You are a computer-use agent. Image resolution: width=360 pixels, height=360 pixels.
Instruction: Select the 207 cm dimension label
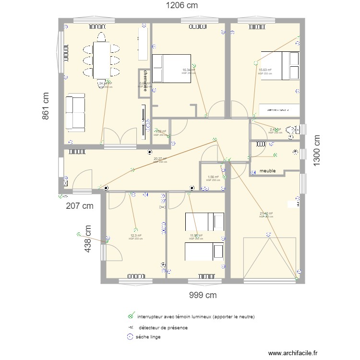point(80,206)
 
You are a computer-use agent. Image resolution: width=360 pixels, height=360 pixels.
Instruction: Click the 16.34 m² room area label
point(189,70)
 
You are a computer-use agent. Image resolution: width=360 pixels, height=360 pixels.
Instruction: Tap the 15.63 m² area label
point(265,70)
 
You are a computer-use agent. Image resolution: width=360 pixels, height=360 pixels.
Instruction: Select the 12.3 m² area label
point(136,236)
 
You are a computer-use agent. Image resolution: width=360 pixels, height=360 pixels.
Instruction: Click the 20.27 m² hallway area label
point(160,159)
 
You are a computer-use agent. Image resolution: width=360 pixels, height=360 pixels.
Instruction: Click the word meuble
point(268,171)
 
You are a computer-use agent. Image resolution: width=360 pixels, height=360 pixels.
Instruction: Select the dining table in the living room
point(101,60)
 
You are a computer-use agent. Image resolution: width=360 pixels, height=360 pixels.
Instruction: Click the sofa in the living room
point(75,112)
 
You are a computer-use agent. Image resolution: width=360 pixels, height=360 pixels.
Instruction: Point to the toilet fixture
point(292,130)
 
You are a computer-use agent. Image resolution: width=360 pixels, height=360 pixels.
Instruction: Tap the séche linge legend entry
point(148,337)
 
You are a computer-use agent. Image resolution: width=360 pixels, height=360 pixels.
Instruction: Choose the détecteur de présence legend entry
point(163,327)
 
